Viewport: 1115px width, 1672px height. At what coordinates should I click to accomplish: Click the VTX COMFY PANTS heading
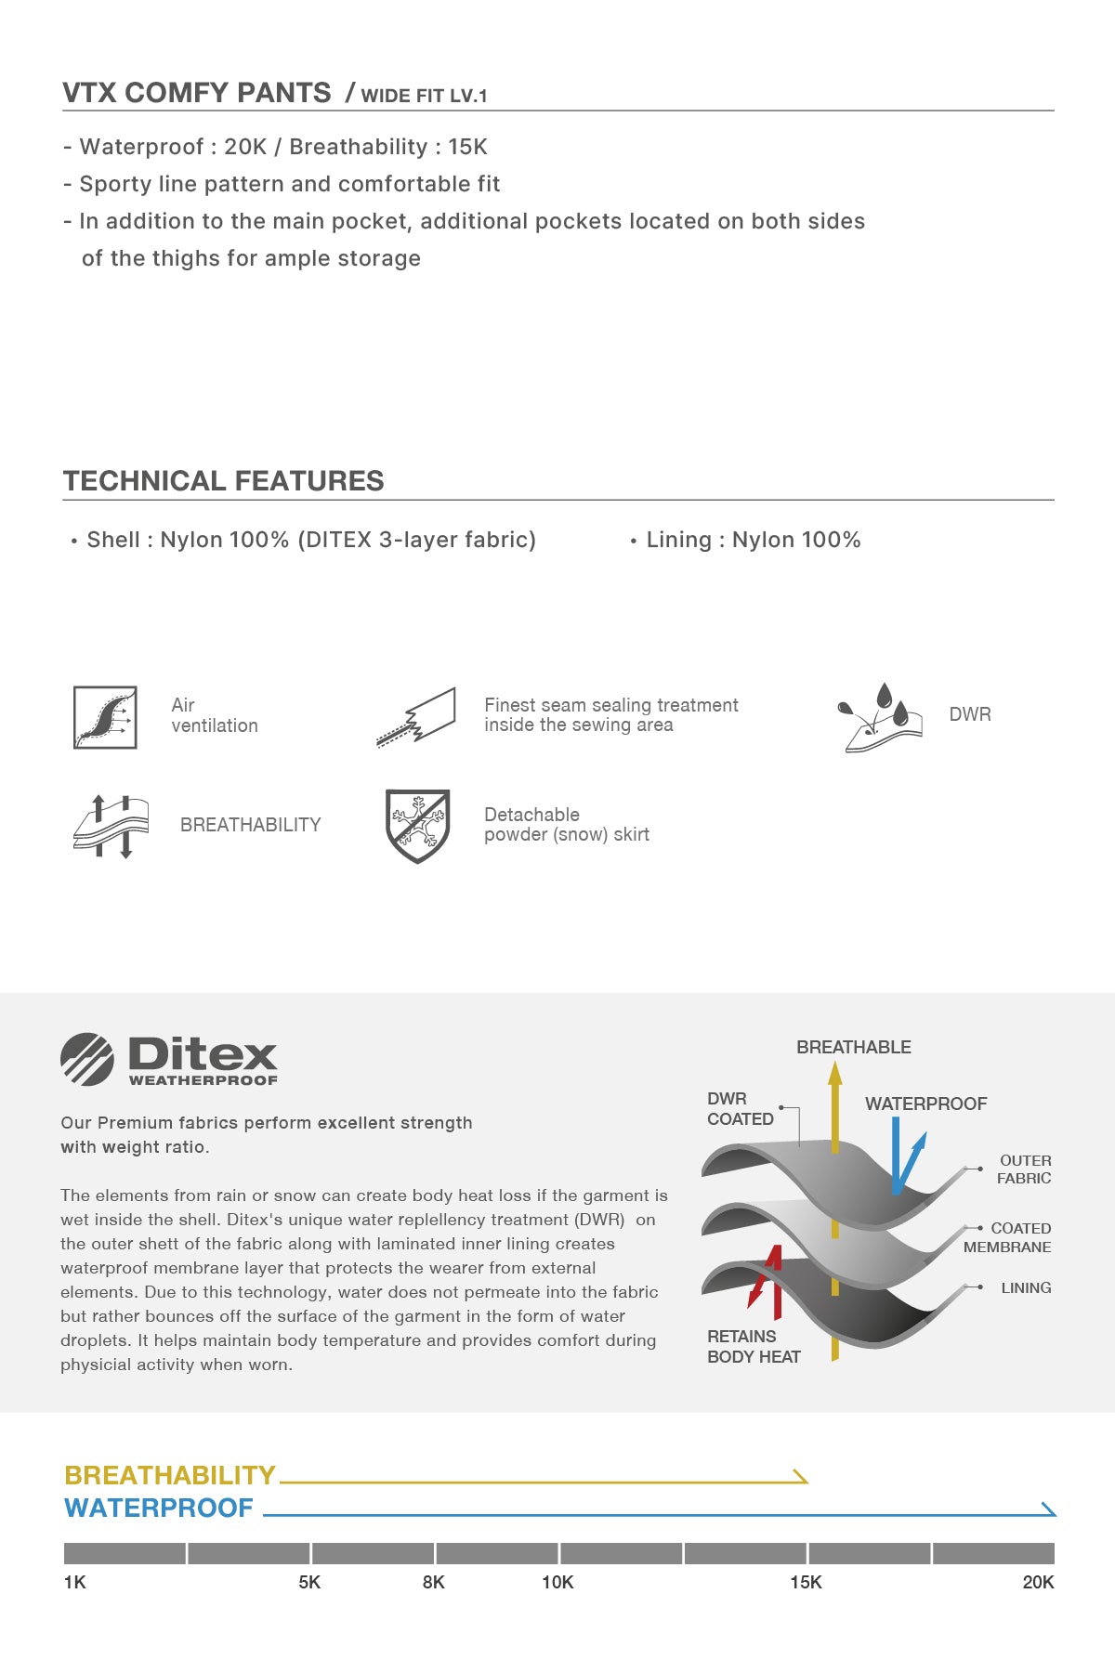click(196, 93)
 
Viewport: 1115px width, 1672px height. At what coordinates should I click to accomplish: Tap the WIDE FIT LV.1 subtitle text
click(424, 96)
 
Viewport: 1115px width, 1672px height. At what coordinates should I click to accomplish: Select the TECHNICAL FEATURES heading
click(223, 480)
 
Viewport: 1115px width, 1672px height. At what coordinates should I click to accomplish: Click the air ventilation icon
click(105, 717)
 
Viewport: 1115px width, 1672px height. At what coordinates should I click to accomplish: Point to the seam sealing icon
click(417, 717)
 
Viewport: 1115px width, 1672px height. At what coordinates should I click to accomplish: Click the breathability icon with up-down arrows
click(111, 826)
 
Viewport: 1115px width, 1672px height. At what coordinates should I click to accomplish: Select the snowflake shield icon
click(417, 826)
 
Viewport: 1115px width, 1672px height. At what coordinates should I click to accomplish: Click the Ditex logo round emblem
click(87, 1059)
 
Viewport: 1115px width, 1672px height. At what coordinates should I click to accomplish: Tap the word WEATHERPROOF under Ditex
click(203, 1080)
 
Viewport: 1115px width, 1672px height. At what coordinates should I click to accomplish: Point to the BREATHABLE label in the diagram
click(853, 1047)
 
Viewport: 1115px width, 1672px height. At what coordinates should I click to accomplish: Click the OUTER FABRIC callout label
click(1024, 1169)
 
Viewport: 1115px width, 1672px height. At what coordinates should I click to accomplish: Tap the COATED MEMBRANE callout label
click(1008, 1237)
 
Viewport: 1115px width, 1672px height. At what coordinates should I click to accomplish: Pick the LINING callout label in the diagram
click(1026, 1287)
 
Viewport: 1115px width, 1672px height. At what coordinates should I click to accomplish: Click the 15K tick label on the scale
click(806, 1582)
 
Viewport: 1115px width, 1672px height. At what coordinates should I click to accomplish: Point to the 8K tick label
click(433, 1582)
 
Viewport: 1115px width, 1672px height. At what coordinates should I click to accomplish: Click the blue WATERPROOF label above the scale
click(159, 1508)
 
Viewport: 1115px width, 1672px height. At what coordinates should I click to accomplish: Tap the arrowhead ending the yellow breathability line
click(800, 1476)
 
